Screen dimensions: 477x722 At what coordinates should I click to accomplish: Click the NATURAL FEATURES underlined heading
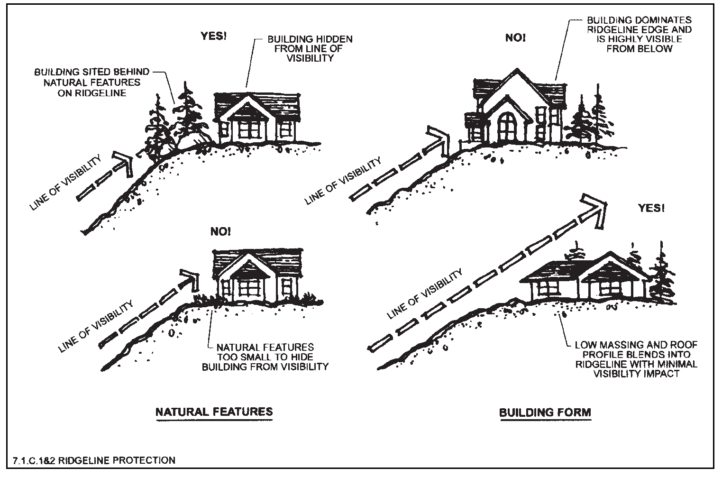tap(214, 411)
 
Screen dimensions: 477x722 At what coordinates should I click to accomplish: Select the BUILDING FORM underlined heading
tap(545, 412)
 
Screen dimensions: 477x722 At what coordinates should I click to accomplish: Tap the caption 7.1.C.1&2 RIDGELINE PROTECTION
tap(94, 460)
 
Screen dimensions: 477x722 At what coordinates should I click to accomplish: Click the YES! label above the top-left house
tap(213, 36)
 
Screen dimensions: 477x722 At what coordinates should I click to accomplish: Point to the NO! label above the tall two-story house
tap(515, 37)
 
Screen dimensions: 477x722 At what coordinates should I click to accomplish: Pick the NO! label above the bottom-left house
tap(220, 232)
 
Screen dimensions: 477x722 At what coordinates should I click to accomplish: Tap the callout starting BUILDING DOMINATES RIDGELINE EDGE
tap(639, 34)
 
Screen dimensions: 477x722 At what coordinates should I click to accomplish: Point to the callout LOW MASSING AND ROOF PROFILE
tap(636, 359)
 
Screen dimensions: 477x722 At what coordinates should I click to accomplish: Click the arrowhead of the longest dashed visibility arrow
tap(595, 207)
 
